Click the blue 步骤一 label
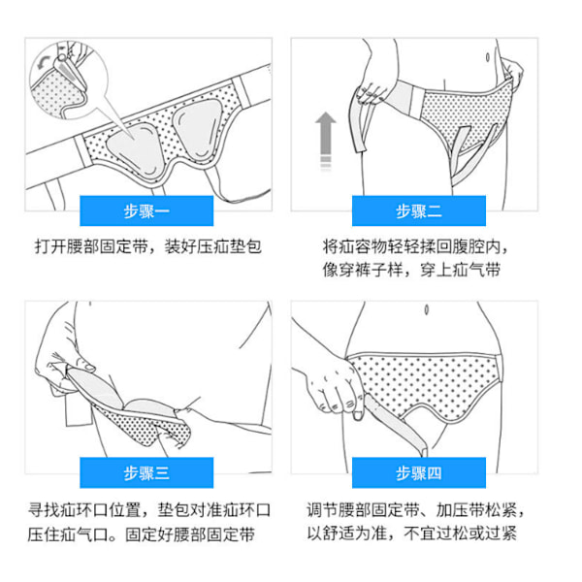pyautogui.click(x=146, y=210)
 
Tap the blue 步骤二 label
pyautogui.click(x=419, y=210)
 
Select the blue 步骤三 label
pyautogui.click(x=146, y=472)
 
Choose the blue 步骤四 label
pyautogui.click(x=419, y=472)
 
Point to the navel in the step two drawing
pyautogui.click(x=487, y=57)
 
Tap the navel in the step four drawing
pyautogui.click(x=427, y=309)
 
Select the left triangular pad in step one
pyautogui.click(x=135, y=147)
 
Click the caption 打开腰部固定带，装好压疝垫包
pyautogui.click(x=148, y=246)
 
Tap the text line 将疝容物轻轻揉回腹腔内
pyautogui.click(x=415, y=246)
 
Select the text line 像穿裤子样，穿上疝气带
pyautogui.click(x=411, y=270)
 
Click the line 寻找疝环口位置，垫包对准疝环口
pyautogui.click(x=149, y=510)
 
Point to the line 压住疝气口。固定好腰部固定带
pyautogui.click(x=141, y=534)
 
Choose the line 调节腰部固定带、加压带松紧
pyautogui.click(x=415, y=510)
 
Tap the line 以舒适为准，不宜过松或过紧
pyautogui.click(x=411, y=533)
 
